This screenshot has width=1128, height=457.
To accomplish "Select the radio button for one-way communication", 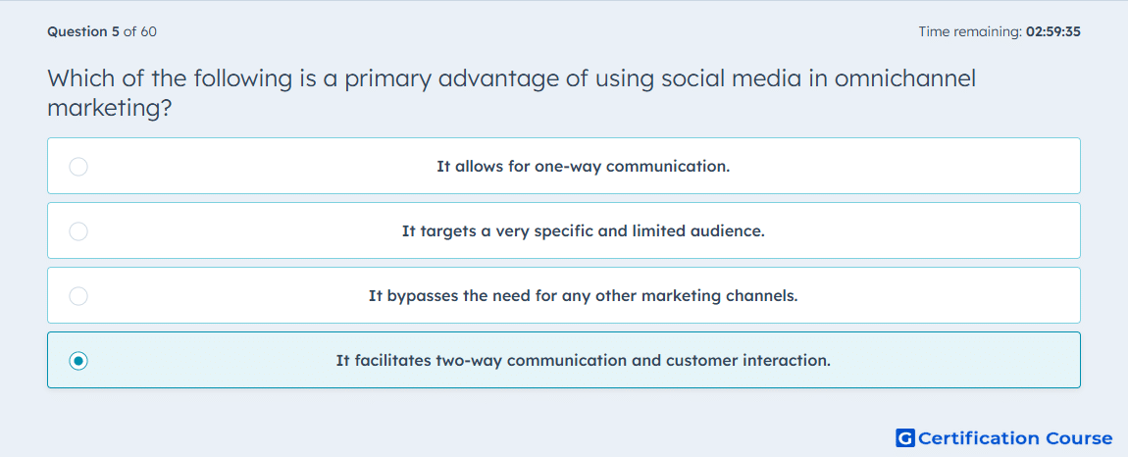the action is coord(78,167).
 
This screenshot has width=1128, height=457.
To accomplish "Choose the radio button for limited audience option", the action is coord(78,231).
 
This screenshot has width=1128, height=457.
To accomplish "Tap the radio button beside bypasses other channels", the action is coord(78,296).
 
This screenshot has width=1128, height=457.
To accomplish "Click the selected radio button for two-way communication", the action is coord(78,361).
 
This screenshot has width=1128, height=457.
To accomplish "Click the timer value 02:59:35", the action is coord(1053,31).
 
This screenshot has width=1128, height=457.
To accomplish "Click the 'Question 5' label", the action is coord(83,31).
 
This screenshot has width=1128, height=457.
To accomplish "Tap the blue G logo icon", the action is coord(905,437).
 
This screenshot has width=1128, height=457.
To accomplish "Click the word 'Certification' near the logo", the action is coord(978,437).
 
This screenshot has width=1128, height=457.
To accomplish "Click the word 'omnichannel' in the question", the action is coord(905,78).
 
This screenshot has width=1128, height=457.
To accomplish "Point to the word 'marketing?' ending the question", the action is coord(109,109).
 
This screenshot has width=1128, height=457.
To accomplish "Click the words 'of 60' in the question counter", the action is coord(140,31).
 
